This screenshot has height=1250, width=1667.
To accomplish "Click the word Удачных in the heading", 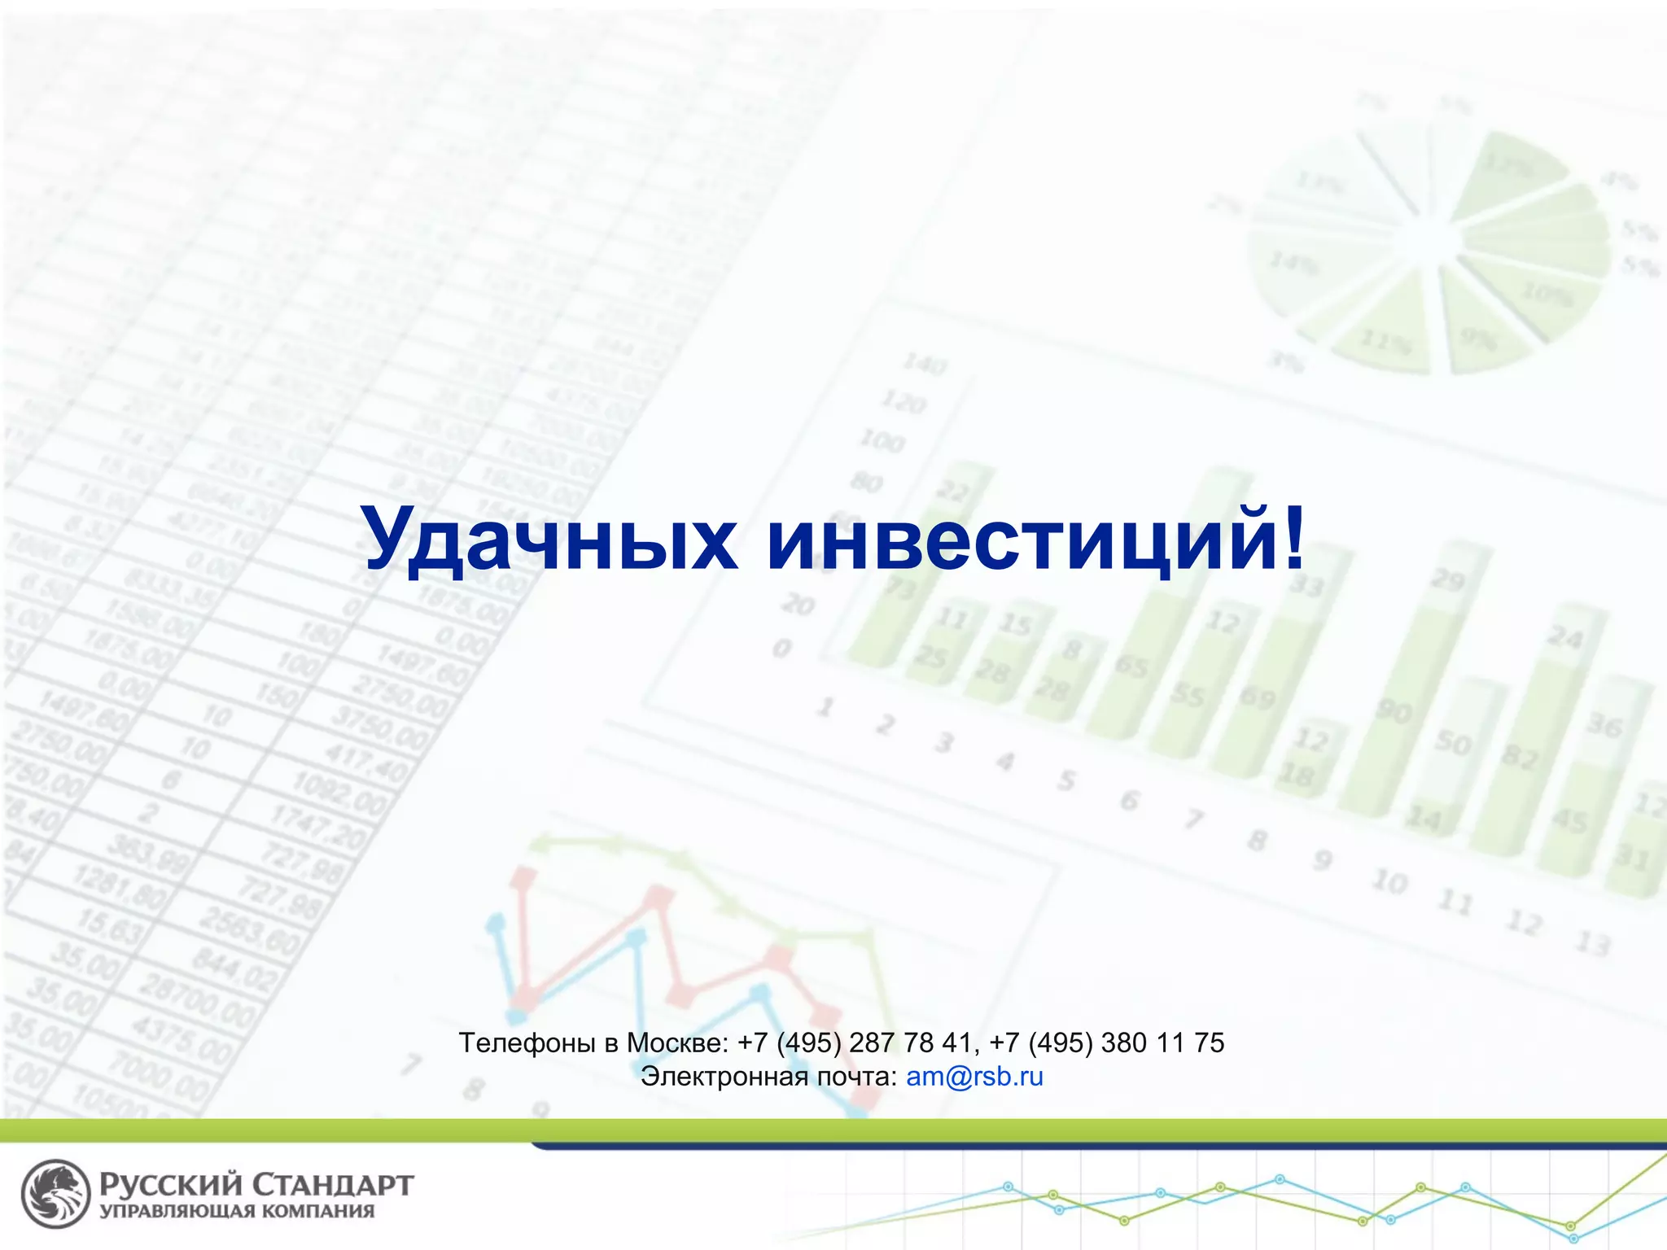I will point(549,540).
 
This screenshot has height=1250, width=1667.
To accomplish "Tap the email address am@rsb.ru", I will point(974,1077).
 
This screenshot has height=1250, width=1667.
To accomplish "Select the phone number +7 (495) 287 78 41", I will point(855,1042).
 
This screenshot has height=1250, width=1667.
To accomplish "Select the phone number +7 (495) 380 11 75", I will point(1107,1042).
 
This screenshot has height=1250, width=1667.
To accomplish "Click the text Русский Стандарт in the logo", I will point(256,1185).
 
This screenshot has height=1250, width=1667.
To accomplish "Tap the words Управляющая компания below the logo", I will point(237,1212).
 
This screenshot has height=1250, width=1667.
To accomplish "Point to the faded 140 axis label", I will point(925,363).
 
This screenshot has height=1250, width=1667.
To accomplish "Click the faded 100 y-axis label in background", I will point(882,440).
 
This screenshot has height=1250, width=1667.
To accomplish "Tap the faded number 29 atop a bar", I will point(1448,579).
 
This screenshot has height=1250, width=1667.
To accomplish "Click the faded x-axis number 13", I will point(1592,944).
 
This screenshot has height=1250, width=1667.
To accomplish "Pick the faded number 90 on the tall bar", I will point(1394,712).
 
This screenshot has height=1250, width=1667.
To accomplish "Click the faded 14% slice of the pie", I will point(1294,263).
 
